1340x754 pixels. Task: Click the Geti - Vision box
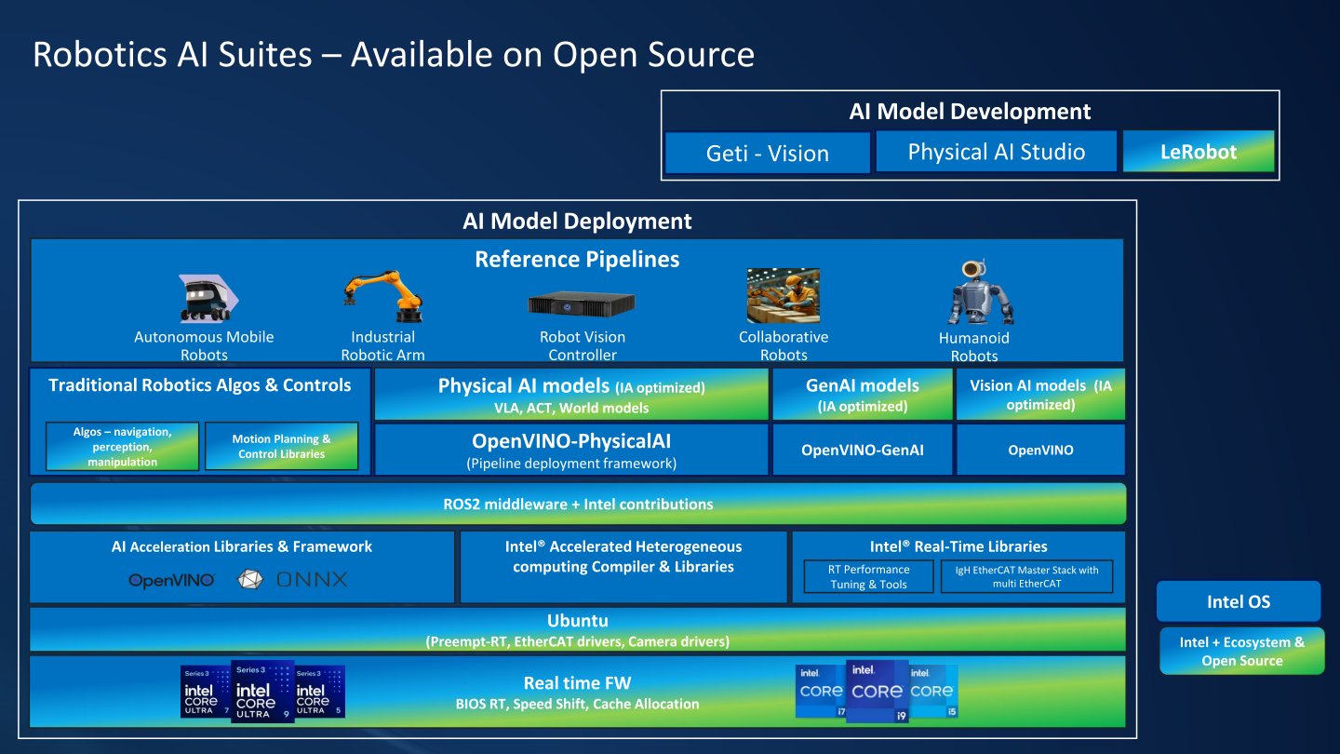(768, 154)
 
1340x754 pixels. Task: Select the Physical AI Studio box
(996, 152)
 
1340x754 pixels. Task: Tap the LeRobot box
(1199, 152)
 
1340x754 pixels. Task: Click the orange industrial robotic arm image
(383, 296)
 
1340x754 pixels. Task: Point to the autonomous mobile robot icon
(208, 298)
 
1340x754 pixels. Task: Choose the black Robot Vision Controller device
(582, 303)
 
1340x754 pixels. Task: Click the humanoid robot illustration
(980, 292)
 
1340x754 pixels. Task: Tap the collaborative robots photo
(784, 295)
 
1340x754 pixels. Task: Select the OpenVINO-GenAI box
(862, 450)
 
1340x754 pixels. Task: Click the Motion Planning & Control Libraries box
(281, 447)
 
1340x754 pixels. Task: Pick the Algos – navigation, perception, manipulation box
(122, 447)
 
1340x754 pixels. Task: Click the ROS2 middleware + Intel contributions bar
(578, 504)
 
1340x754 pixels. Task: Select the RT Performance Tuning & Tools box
(868, 577)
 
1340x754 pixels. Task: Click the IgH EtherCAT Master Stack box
(1026, 577)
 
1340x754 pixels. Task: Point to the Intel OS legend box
(1239, 601)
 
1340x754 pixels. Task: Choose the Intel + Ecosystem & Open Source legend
(1242, 651)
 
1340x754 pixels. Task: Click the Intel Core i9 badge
(877, 691)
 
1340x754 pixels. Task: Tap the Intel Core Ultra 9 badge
(262, 691)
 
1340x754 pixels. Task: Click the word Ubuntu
(577, 621)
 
